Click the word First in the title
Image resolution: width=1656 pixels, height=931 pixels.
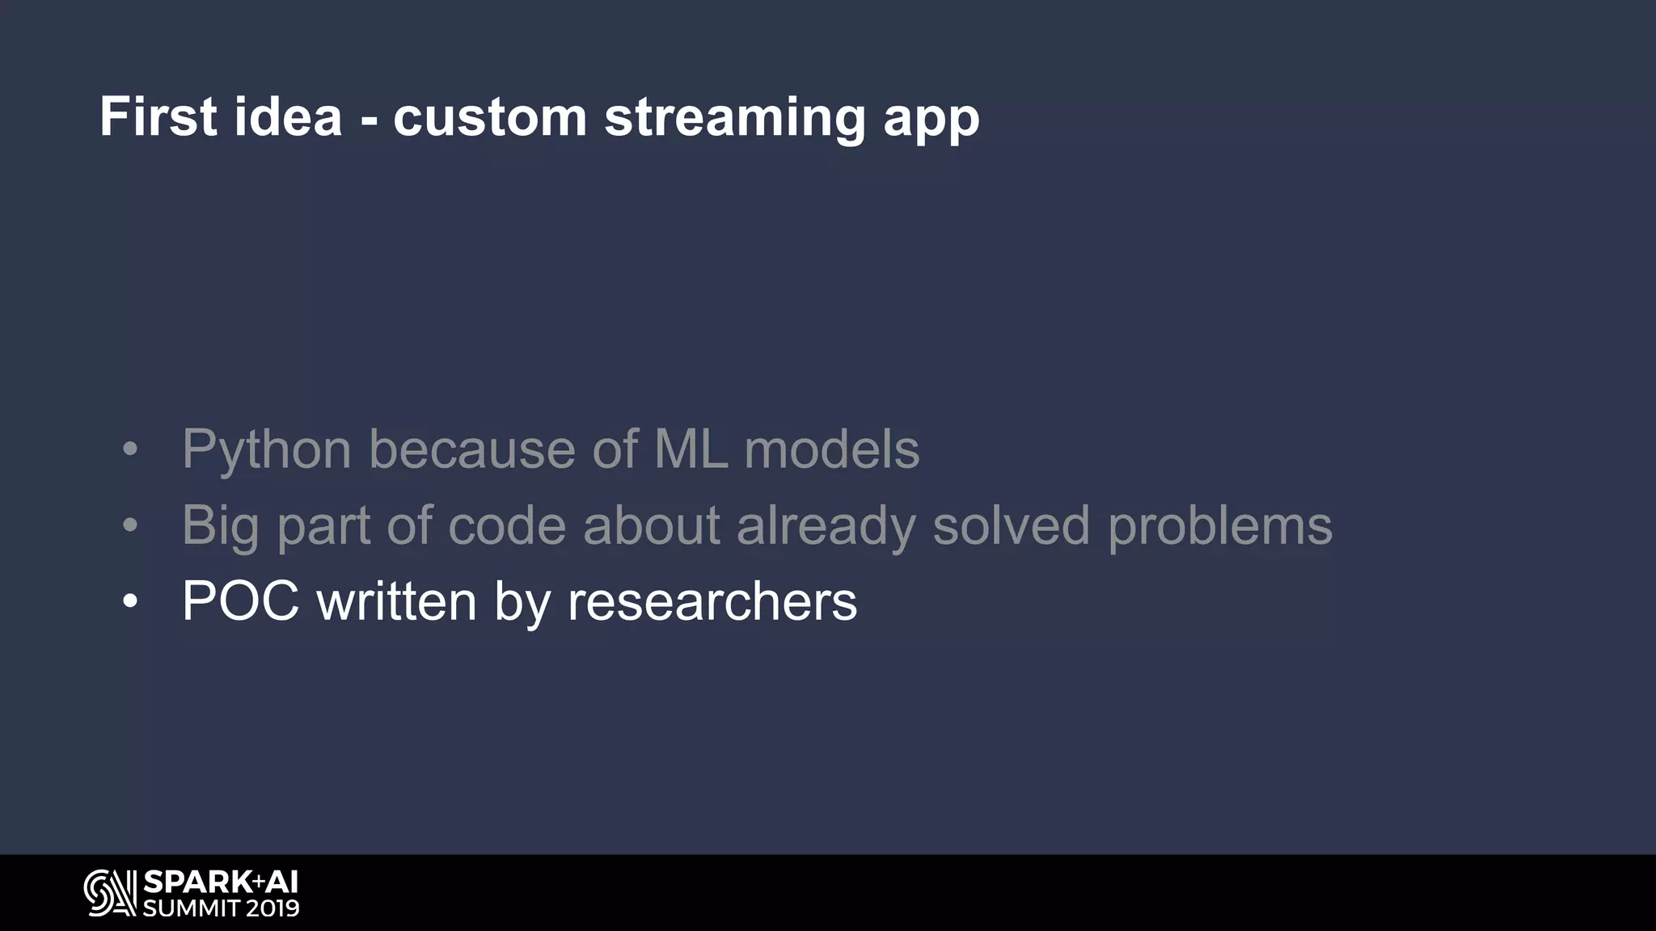tap(158, 116)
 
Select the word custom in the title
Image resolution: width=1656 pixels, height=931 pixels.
tap(490, 116)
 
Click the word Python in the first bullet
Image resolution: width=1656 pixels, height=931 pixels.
tap(266, 449)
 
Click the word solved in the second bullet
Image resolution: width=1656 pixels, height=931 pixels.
tap(1011, 525)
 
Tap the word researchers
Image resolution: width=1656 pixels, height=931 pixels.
tap(712, 602)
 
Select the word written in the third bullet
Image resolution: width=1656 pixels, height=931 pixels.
tap(396, 601)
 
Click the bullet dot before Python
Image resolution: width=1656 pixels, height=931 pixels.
tap(130, 450)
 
